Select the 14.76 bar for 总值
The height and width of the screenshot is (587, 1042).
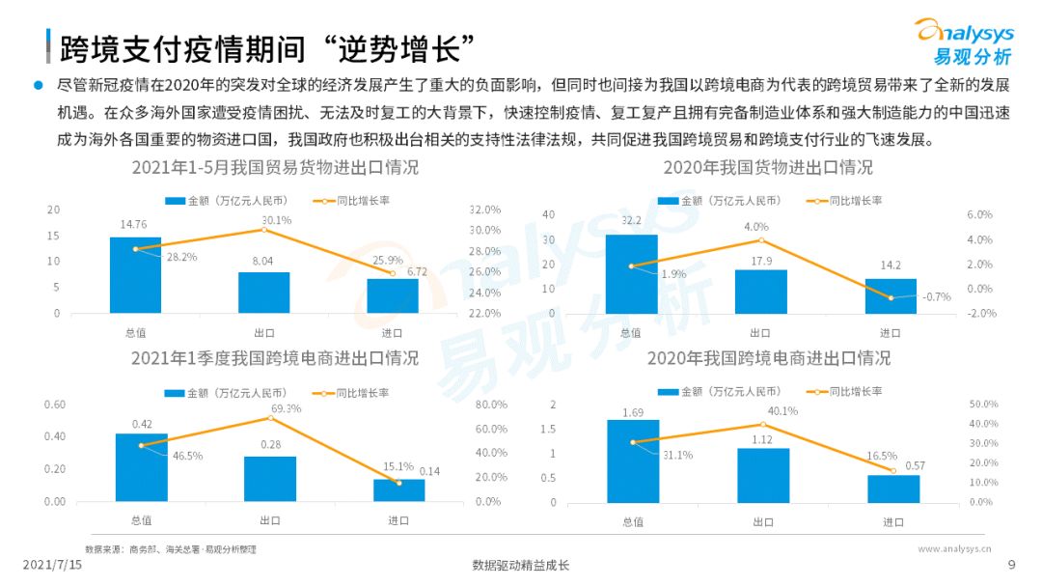(x=135, y=275)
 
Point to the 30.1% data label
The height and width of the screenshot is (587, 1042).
(x=277, y=220)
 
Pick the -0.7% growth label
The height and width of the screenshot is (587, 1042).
(x=937, y=296)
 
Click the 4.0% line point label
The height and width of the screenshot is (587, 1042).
(x=757, y=227)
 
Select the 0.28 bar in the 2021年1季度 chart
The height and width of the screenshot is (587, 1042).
(x=270, y=478)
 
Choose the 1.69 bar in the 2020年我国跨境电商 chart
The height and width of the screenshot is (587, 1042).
(x=633, y=461)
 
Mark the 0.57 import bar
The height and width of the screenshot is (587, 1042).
(x=892, y=489)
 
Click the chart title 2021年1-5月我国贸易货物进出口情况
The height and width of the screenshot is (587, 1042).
(x=275, y=167)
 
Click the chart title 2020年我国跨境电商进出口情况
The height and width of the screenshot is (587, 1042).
(x=768, y=358)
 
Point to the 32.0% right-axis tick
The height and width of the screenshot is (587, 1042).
(x=484, y=210)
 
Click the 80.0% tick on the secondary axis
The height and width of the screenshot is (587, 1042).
(x=492, y=405)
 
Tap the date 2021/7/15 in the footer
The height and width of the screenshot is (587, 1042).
(x=53, y=565)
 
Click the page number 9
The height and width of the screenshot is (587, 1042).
(x=1011, y=565)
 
